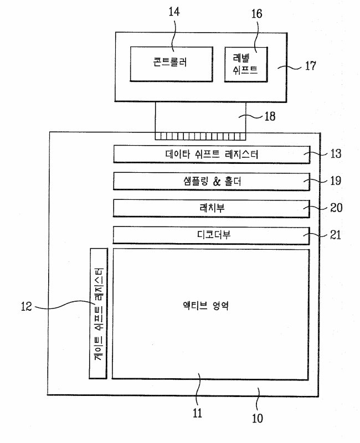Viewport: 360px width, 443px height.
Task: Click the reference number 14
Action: pos(174,12)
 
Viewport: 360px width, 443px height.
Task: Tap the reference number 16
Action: pos(256,13)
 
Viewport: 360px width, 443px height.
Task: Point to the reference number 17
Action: pos(310,66)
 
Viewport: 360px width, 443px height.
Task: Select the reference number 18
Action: pos(270,116)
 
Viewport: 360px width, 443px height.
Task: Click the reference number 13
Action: pos(336,154)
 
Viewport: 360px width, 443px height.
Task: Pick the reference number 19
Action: pos(336,181)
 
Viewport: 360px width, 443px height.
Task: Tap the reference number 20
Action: pos(336,208)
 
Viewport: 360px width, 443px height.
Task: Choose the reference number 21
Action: pos(336,235)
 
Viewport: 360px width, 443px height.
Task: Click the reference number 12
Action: pos(26,307)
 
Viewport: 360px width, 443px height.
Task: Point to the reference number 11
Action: pos(197,413)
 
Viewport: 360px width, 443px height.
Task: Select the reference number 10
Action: pos(257,419)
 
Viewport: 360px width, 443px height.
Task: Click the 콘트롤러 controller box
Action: pos(171,64)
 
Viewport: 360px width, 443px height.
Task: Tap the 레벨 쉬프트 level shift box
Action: pos(246,65)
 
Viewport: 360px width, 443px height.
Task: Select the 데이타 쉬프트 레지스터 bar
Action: pos(212,154)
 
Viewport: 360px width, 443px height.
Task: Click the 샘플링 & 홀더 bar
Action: pos(212,182)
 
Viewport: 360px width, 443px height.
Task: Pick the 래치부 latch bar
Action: pos(212,209)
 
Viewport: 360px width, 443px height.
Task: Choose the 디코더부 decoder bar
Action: pos(212,235)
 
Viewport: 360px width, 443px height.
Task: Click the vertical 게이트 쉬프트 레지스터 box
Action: pos(99,313)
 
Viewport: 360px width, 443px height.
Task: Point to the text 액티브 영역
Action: pos(205,306)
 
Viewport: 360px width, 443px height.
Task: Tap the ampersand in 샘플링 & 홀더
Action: pos(217,182)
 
